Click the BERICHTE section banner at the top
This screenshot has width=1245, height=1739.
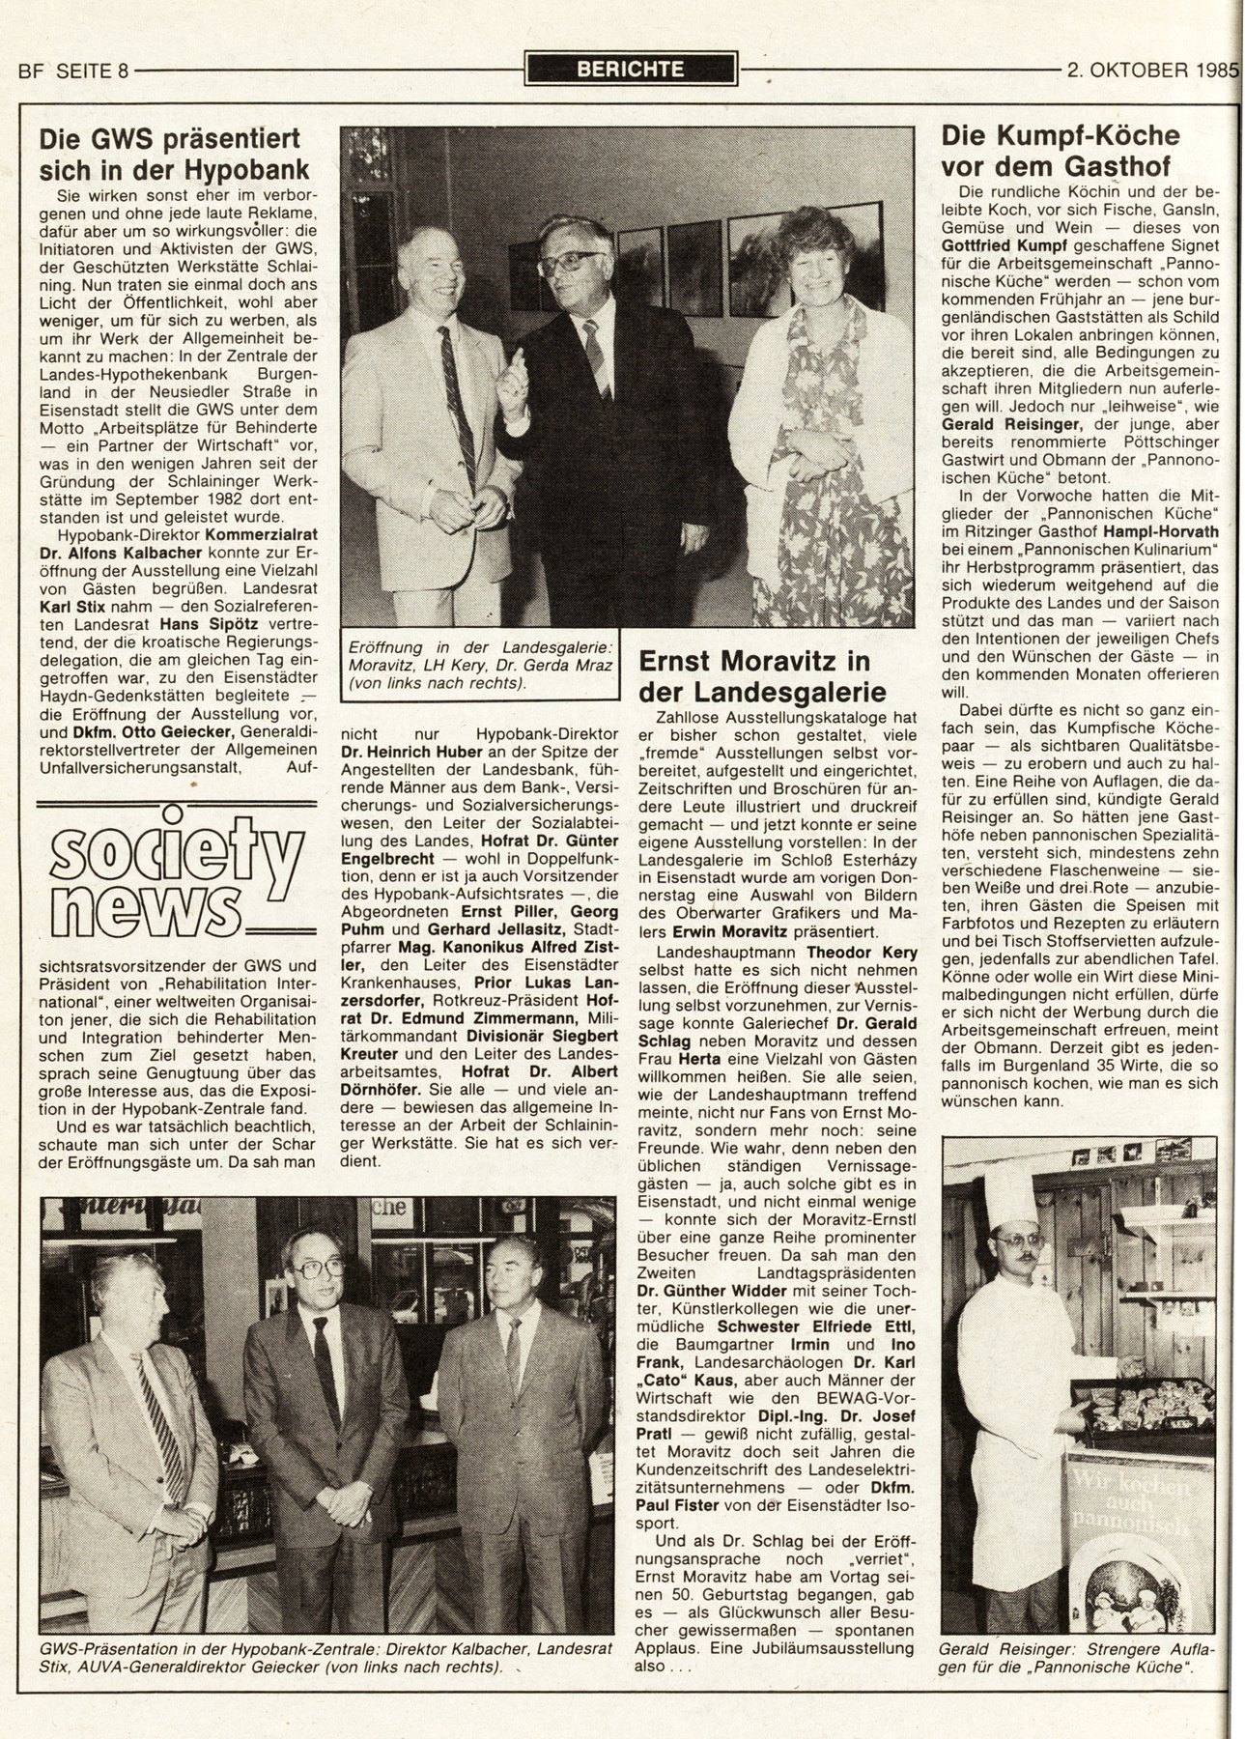(630, 69)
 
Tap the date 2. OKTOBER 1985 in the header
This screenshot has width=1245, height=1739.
(1151, 70)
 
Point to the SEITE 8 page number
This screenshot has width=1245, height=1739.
(94, 71)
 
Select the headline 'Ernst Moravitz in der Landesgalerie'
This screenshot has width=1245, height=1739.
(755, 676)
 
